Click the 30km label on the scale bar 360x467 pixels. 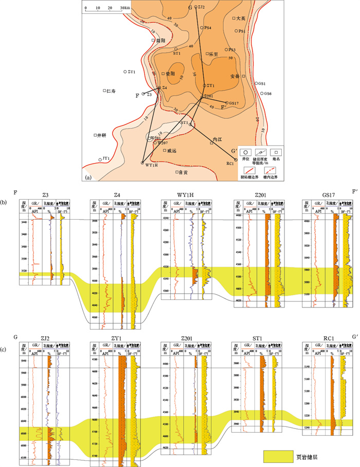pyautogui.click(x=124, y=8)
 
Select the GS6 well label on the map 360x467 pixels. pyautogui.click(x=267, y=93)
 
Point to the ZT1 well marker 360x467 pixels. pyautogui.click(x=125, y=71)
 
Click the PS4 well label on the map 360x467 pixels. pyautogui.click(x=208, y=28)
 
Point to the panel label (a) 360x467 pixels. pyautogui.click(x=87, y=177)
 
